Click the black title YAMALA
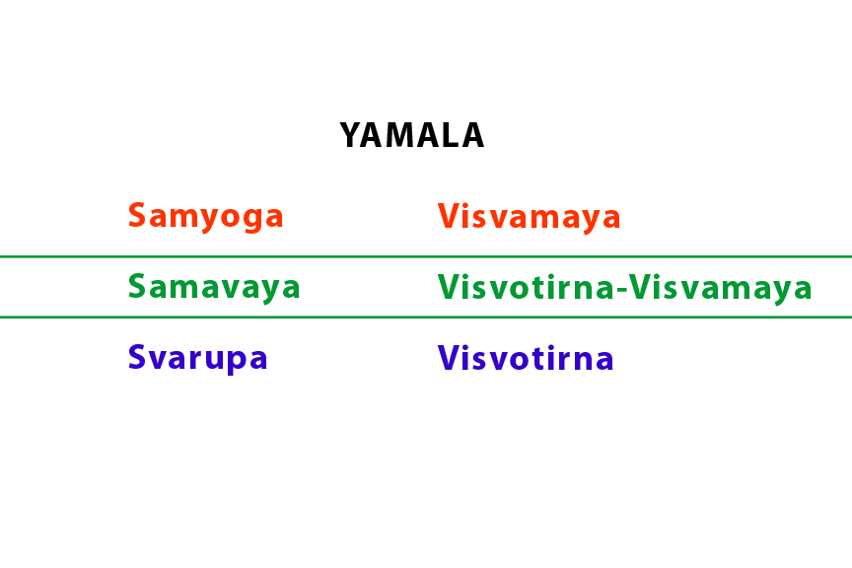coord(412,136)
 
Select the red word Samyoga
coord(206,216)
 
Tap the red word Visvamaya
coord(530,217)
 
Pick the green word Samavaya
coord(214,287)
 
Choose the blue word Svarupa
coord(198,358)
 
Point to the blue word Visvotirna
coord(526,358)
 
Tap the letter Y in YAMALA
coord(350,136)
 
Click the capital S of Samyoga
coord(137,216)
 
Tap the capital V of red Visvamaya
coord(449,217)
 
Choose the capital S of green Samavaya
coord(137,287)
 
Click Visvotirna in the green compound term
coord(527,288)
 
